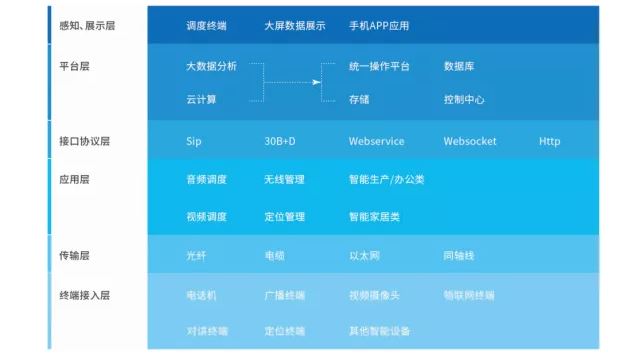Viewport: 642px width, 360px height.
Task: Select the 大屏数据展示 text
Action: pos(294,24)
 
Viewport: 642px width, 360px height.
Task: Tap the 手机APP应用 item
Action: pos(379,24)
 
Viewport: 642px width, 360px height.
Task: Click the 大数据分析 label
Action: pos(211,67)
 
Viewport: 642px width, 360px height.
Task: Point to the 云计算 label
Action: pos(201,99)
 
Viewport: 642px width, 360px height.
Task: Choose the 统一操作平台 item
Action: pos(379,67)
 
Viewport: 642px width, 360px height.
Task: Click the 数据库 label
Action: pos(459,67)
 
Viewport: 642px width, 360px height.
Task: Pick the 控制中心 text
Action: pos(464,99)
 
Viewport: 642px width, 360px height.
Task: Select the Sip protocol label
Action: pos(194,141)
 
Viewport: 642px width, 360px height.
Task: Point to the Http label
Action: pos(550,141)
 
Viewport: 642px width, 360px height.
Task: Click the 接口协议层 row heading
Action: pos(84,141)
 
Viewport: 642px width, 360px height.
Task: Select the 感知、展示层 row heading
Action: pos(88,24)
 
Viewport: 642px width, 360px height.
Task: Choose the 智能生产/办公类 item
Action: pos(386,180)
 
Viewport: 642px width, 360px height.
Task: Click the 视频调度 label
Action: pos(206,215)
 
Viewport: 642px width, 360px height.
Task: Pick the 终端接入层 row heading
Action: pos(84,295)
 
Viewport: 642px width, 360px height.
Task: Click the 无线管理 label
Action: pos(284,180)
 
